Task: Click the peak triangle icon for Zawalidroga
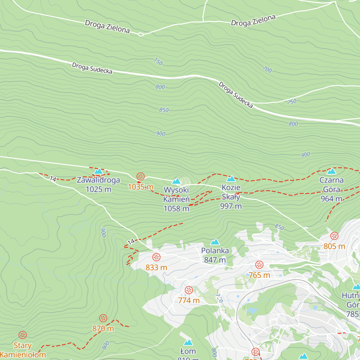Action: (x=98, y=171)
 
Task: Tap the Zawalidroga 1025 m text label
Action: (x=98, y=184)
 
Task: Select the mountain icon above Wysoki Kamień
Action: (x=176, y=181)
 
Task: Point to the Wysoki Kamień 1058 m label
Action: (x=176, y=199)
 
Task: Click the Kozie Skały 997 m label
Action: (x=231, y=197)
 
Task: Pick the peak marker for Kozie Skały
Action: (x=231, y=179)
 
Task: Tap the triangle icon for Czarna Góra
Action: (x=331, y=171)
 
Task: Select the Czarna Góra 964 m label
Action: (x=331, y=189)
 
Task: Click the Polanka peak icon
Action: (x=215, y=242)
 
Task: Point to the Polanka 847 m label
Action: (x=215, y=255)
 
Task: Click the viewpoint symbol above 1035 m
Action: (x=140, y=176)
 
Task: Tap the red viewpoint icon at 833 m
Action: (x=156, y=257)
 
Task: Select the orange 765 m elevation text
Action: (x=259, y=275)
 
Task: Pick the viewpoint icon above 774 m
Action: (x=189, y=290)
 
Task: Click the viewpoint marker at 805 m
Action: (x=334, y=236)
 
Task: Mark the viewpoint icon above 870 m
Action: (x=103, y=318)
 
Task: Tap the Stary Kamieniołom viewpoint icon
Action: (x=22, y=335)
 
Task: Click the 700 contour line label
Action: (x=267, y=70)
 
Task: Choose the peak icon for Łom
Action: (x=188, y=343)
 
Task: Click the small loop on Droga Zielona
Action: (x=141, y=34)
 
